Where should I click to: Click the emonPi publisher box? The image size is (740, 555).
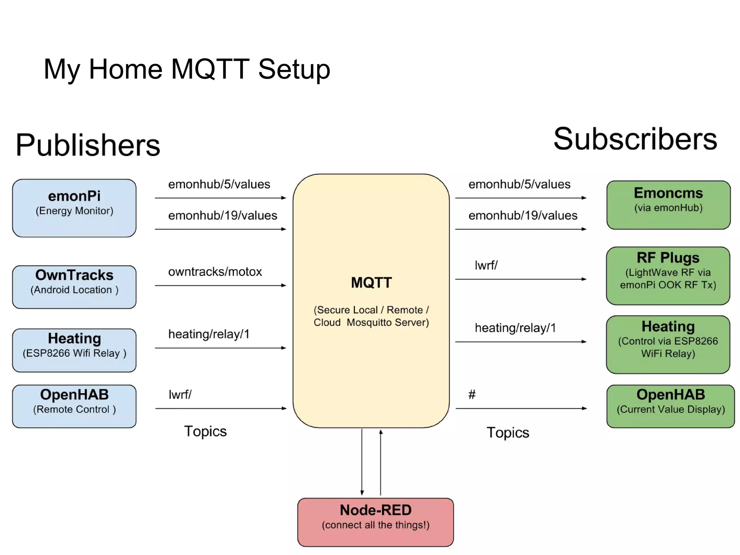74,208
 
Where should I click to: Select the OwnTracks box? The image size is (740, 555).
74,287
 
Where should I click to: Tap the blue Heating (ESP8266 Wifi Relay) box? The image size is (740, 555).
74,350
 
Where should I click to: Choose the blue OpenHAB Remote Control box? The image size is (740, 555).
74,406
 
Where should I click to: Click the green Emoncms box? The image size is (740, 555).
668,205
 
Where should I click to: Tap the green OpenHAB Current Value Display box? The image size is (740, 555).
670,406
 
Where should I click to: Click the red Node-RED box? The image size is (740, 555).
375,522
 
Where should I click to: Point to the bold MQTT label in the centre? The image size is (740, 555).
371,282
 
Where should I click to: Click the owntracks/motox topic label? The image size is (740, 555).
215,272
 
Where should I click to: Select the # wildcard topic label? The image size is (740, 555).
472,394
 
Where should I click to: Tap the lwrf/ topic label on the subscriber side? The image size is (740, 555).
486,265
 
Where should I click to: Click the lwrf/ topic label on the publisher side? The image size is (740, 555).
180,394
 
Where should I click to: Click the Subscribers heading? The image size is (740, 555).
635,139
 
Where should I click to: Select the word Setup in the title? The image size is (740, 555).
294,69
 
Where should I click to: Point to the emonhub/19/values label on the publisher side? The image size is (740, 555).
223,215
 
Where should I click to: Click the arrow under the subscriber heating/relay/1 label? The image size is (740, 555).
520,341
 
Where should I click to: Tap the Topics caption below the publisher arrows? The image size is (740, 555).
205,431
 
